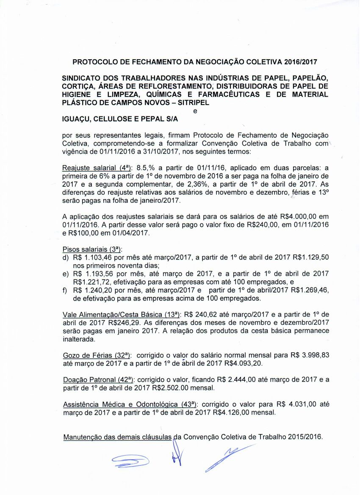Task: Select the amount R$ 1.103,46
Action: [93, 257]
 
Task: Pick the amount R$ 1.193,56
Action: [93, 274]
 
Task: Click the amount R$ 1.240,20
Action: [93, 290]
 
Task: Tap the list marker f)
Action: [65, 290]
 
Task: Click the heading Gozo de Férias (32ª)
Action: [97, 356]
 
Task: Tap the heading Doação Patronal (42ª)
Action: [98, 380]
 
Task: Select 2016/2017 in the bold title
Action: [300, 62]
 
